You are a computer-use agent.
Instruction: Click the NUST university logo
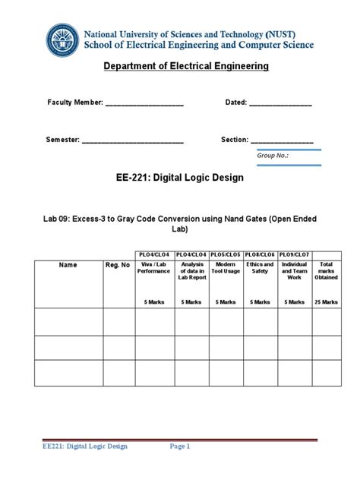[62, 39]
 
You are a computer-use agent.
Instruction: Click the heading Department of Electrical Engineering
[186, 66]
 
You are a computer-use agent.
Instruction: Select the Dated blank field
[280, 104]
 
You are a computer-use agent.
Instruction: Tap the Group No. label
[273, 155]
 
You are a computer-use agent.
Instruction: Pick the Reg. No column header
[117, 265]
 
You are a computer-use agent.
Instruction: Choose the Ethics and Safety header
[260, 268]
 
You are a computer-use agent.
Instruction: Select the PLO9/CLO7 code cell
[294, 254]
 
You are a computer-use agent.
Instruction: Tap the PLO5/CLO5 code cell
[226, 254]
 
